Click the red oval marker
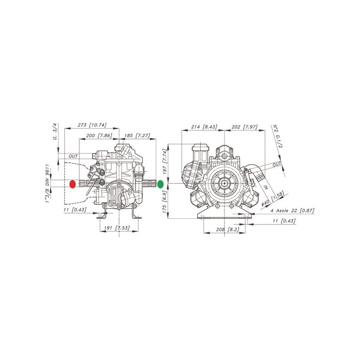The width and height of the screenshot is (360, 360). pos(72,184)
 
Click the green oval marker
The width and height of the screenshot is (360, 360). pos(160,184)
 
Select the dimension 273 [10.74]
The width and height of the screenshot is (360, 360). pos(92,125)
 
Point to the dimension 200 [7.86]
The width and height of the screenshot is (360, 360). pos(99,135)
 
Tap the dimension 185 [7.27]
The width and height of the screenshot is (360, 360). pos(137,135)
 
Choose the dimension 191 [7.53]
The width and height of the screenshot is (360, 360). pos(117,228)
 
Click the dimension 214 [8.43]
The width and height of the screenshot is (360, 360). pos(204,127)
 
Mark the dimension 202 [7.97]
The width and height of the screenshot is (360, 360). pos(244,127)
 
